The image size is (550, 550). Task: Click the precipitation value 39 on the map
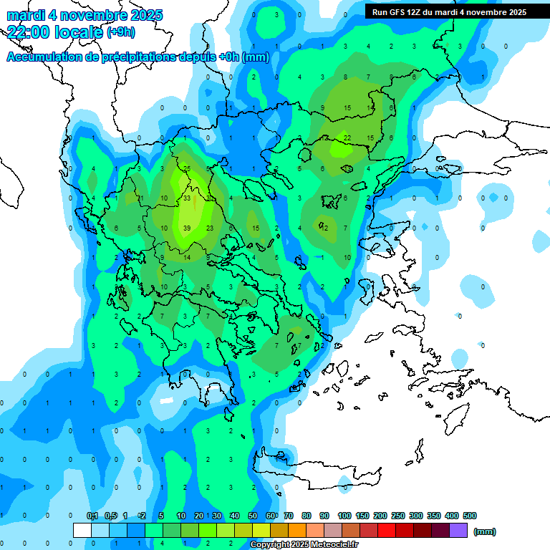click(187, 228)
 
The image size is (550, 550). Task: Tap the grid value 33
click(187, 198)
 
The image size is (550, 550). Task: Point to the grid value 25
click(187, 168)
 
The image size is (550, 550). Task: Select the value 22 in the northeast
click(347, 137)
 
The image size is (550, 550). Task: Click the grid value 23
click(210, 228)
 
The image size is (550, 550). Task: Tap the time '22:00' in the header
click(29, 32)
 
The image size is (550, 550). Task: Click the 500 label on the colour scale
click(470, 516)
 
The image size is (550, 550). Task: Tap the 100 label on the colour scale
click(344, 516)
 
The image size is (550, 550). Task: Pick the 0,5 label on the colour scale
click(110, 516)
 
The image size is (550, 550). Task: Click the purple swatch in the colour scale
click(459, 530)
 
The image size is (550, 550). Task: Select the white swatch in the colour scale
click(82, 530)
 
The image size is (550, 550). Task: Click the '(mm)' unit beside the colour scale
click(485, 531)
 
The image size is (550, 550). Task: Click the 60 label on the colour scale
click(271, 516)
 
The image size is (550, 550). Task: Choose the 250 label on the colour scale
click(398, 516)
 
